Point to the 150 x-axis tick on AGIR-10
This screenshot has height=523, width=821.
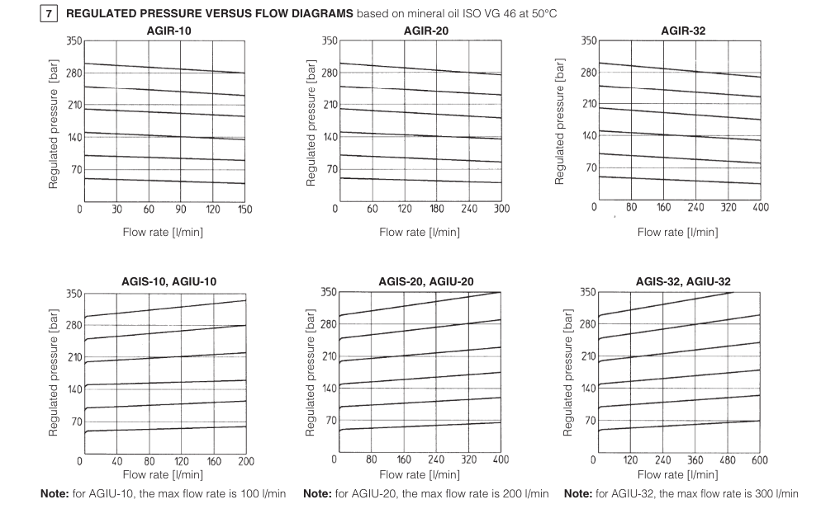pyautogui.click(x=244, y=210)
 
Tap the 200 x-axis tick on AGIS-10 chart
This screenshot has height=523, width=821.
pyautogui.click(x=245, y=461)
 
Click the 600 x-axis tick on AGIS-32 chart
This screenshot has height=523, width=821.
pyautogui.click(x=758, y=460)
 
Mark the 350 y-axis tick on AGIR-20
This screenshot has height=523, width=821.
pyautogui.click(x=329, y=40)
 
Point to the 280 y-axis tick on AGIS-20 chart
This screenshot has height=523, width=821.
pyautogui.click(x=329, y=324)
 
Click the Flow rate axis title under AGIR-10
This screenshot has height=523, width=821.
pyautogui.click(x=163, y=232)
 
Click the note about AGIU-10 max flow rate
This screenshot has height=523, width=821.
pyautogui.click(x=163, y=493)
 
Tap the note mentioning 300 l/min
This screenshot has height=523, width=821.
pyautogui.click(x=681, y=493)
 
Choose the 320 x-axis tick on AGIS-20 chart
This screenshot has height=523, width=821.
pyautogui.click(x=468, y=460)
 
